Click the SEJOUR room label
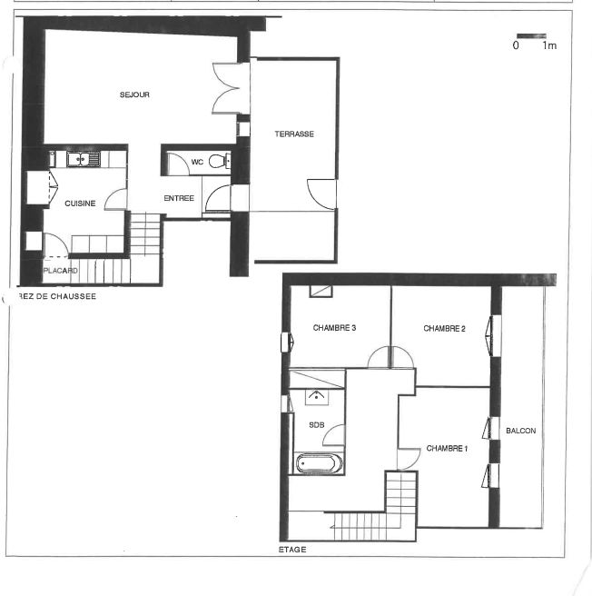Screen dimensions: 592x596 [134, 94]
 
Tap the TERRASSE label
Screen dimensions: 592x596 [294, 134]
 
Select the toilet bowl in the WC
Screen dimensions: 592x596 [218, 161]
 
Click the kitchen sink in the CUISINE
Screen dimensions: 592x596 [84, 159]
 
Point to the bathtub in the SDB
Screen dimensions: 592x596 [320, 463]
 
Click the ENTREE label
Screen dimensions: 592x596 [179, 198]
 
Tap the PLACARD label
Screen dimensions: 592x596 [61, 271]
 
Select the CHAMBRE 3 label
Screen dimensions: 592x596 [334, 328]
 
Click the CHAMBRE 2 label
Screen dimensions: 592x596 [444, 328]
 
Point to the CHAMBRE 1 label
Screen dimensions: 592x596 [447, 449]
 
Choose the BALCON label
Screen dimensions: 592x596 [521, 431]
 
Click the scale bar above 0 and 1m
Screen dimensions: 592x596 [531, 36]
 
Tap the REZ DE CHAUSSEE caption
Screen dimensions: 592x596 [57, 296]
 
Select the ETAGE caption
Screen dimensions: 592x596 [292, 550]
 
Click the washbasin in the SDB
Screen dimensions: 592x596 [317, 397]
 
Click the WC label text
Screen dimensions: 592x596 [197, 163]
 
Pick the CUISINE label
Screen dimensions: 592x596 [80, 204]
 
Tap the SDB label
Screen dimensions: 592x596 [317, 425]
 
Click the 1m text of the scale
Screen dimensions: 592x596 [549, 45]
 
